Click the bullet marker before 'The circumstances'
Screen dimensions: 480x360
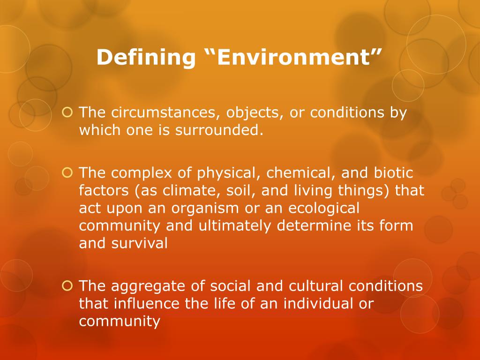click(67, 112)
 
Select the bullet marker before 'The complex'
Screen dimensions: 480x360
click(67, 172)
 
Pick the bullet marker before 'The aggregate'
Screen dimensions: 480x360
click(67, 286)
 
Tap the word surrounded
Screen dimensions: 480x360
click(219, 130)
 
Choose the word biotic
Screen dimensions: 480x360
click(394, 173)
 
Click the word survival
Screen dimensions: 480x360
click(139, 244)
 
